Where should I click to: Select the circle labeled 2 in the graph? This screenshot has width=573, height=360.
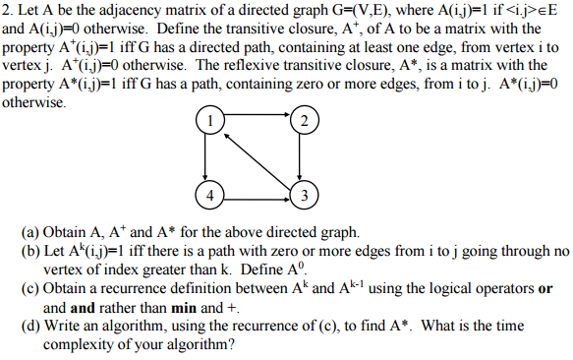click(x=304, y=122)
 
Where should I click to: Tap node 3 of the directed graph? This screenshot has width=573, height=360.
click(x=304, y=194)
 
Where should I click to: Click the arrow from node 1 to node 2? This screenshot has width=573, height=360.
click(x=257, y=122)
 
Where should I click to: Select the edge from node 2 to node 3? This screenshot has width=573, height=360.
click(x=304, y=157)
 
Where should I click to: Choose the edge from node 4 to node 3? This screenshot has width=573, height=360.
click(x=257, y=194)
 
